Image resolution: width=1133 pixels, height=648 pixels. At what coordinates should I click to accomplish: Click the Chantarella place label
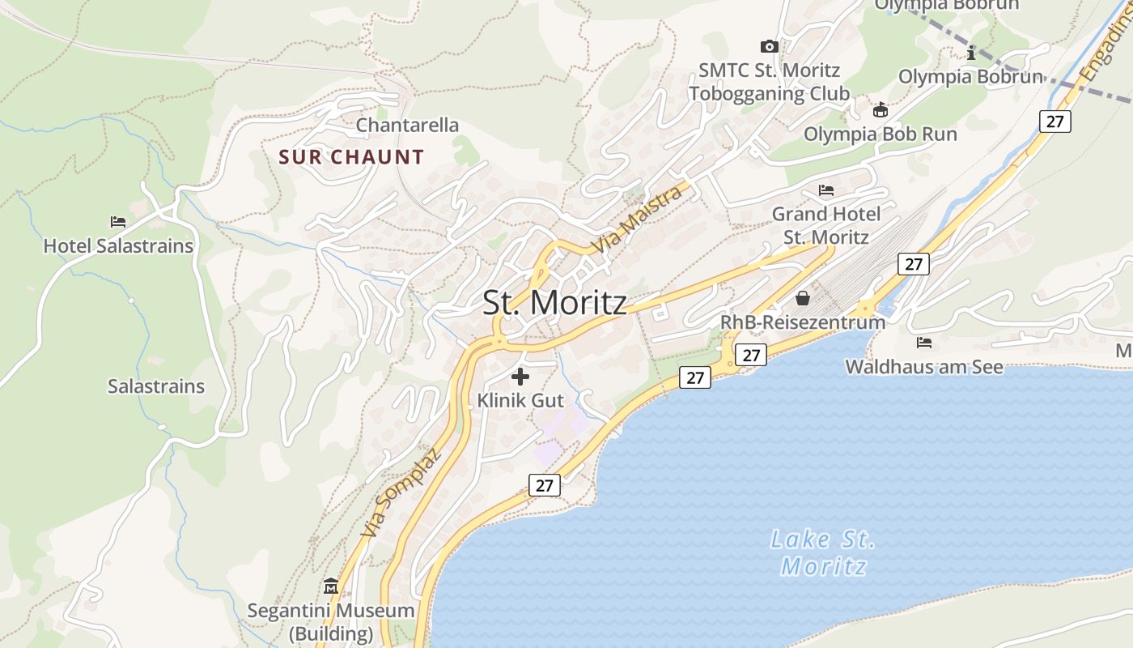pyautogui.click(x=407, y=126)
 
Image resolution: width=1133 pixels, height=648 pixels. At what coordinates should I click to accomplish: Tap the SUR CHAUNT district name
pyautogui.click(x=351, y=157)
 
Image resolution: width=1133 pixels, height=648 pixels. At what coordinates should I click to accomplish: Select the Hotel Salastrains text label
pyautogui.click(x=118, y=245)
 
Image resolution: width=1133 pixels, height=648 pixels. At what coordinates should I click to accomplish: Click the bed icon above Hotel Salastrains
pyautogui.click(x=118, y=221)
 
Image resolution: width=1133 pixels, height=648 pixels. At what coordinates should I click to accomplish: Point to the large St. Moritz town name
pyautogui.click(x=554, y=303)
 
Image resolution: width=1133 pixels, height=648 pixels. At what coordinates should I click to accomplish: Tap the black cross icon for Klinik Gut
pyautogui.click(x=520, y=376)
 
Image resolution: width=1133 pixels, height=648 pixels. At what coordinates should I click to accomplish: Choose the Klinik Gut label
pyautogui.click(x=520, y=400)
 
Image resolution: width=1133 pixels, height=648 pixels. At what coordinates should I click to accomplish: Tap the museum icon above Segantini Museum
pyautogui.click(x=331, y=586)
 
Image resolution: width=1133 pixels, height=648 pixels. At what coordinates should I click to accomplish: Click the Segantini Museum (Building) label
pyautogui.click(x=331, y=621)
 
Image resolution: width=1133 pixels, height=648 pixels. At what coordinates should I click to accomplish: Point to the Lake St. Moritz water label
pyautogui.click(x=823, y=553)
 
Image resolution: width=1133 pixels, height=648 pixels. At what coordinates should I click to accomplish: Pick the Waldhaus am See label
pyautogui.click(x=924, y=367)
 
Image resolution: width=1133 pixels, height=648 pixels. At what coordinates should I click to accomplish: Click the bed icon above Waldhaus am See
pyautogui.click(x=924, y=343)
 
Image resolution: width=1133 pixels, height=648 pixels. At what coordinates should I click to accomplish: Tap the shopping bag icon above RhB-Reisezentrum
pyautogui.click(x=803, y=298)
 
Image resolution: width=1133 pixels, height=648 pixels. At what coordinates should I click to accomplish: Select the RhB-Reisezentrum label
pyautogui.click(x=803, y=322)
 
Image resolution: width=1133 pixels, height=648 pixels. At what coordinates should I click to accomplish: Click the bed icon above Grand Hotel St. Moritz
pyautogui.click(x=826, y=190)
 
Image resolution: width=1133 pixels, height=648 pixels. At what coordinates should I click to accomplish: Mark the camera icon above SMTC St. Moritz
pyautogui.click(x=770, y=46)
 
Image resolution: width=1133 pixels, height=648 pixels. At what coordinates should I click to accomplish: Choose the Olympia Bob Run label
pyautogui.click(x=881, y=134)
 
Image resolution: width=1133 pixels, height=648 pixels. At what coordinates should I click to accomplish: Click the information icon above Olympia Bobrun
pyautogui.click(x=971, y=53)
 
